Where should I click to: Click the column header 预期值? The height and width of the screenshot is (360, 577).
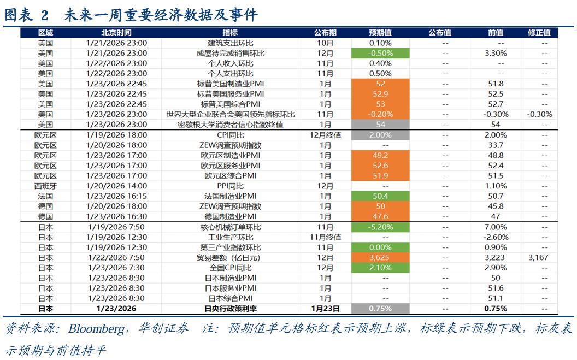point(380,33)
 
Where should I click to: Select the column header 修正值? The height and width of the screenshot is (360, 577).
point(539,33)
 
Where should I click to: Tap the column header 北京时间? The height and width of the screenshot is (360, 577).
point(116,33)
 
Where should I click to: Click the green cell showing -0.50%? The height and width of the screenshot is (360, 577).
point(380,53)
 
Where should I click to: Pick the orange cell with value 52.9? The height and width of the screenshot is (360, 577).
point(380,94)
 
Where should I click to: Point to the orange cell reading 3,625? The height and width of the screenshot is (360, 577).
point(380,257)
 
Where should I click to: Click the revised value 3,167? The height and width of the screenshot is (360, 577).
point(539,257)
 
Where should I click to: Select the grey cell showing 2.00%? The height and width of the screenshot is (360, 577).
point(380,135)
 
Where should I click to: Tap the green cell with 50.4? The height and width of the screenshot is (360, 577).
point(380,196)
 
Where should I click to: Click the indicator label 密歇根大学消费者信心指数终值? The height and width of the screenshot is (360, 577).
point(230,125)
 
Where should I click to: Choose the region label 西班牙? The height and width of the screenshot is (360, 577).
point(45,186)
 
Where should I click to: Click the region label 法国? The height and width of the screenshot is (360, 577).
point(45,196)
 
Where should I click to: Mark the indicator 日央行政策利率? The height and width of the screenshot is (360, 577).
point(230,309)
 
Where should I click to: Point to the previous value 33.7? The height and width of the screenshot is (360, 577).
point(496,145)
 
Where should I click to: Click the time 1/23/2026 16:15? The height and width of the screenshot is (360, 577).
point(116,196)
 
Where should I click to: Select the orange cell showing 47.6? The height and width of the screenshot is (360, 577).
point(380,216)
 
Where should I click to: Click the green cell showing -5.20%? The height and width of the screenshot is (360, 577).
point(380,227)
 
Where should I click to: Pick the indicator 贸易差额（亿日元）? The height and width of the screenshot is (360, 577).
point(230,257)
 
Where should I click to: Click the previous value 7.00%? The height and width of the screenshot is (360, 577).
point(496,227)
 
